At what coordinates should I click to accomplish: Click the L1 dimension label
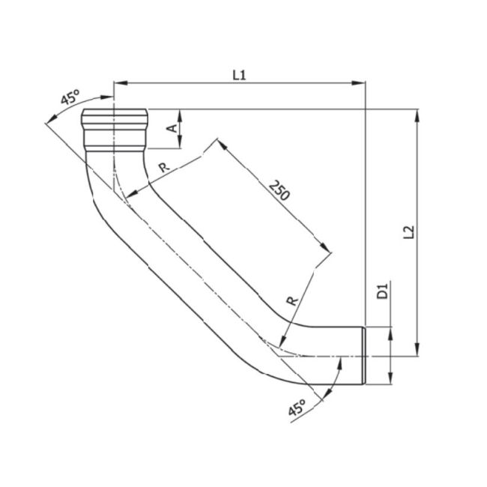pyautogui.click(x=239, y=74)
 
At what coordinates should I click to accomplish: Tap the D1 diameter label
pyautogui.click(x=381, y=291)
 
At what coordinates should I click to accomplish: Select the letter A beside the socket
pyautogui.click(x=172, y=128)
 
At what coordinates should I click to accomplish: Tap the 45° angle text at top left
pyautogui.click(x=71, y=97)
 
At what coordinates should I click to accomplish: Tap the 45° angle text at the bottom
pyautogui.click(x=297, y=409)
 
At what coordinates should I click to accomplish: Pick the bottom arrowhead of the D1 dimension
pyautogui.click(x=390, y=381)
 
